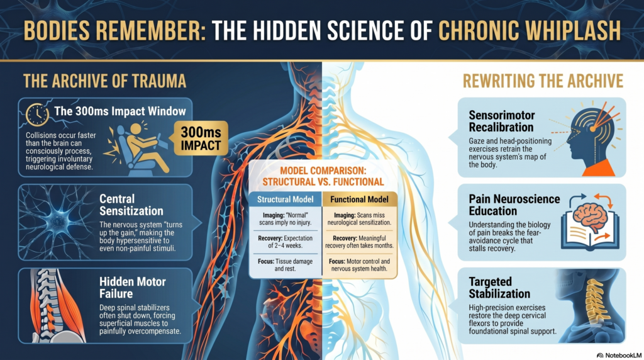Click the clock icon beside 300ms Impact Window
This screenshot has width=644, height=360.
pos(37,115)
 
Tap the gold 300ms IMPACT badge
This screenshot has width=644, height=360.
pos(201,138)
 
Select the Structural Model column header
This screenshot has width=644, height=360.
pos(285,200)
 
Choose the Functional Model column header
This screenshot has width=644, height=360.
pos(359,200)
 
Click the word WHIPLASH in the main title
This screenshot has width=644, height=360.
pos(567,30)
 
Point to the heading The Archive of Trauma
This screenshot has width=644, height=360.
pos(105,81)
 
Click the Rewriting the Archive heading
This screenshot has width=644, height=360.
pos(543,81)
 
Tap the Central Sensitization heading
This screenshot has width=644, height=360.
pos(131,205)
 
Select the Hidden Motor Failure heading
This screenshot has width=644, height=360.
pos(132,288)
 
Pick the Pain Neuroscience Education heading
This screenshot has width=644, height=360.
pos(514,205)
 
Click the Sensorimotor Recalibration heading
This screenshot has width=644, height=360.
pos(502,121)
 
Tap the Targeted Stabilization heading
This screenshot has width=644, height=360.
pos(499,288)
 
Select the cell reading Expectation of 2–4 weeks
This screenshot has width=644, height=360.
pos(285,242)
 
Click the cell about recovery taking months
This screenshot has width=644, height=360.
pos(359,242)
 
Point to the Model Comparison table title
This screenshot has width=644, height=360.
pos(323,176)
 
